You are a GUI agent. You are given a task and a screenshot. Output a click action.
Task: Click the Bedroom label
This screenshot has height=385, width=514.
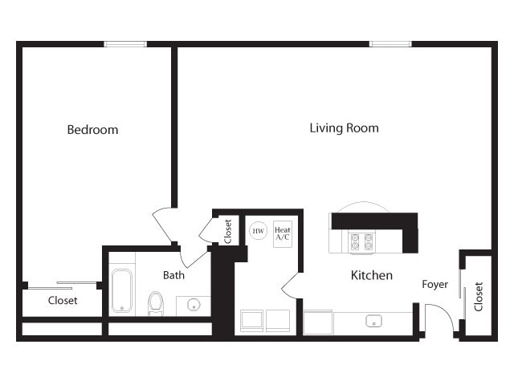pyautogui.click(x=92, y=129)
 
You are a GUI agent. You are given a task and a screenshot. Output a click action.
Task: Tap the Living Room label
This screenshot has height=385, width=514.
pyautogui.click(x=344, y=128)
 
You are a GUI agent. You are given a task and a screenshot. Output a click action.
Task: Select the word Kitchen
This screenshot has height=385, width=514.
pyautogui.click(x=372, y=275)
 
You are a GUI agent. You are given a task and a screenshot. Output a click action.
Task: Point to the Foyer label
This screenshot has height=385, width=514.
pyautogui.click(x=435, y=284)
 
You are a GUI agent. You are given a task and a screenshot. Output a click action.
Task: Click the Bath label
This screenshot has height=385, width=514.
pyautogui.click(x=173, y=274)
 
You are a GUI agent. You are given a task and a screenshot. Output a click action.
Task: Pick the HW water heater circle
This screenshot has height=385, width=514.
pyautogui.click(x=258, y=231)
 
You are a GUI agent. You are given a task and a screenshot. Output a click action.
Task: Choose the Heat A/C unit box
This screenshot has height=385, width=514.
pyautogui.click(x=283, y=233)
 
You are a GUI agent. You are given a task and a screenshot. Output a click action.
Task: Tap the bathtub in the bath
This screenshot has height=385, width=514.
pyautogui.click(x=122, y=290)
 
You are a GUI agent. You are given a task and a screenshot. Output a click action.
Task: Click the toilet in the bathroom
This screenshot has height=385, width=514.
pyautogui.click(x=156, y=302)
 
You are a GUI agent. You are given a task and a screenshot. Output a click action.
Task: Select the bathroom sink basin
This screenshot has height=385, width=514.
pyautogui.click(x=193, y=306)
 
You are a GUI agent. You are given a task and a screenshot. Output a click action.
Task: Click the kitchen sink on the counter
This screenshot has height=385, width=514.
pyautogui.click(x=373, y=321)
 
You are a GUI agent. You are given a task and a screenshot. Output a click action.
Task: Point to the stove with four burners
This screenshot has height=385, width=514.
pyautogui.click(x=362, y=241)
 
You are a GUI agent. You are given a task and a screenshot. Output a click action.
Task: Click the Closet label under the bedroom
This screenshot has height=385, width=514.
pyautogui.click(x=63, y=301)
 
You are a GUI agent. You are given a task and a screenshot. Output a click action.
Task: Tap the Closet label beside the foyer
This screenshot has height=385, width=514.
pyautogui.click(x=479, y=296)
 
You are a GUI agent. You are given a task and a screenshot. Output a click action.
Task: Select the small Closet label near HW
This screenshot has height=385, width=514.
pyautogui.click(x=228, y=231)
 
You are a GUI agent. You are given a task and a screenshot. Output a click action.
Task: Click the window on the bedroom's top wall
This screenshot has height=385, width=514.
pyautogui.click(x=125, y=43)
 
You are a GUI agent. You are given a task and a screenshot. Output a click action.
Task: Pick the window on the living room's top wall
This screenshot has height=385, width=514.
pyautogui.click(x=390, y=43)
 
